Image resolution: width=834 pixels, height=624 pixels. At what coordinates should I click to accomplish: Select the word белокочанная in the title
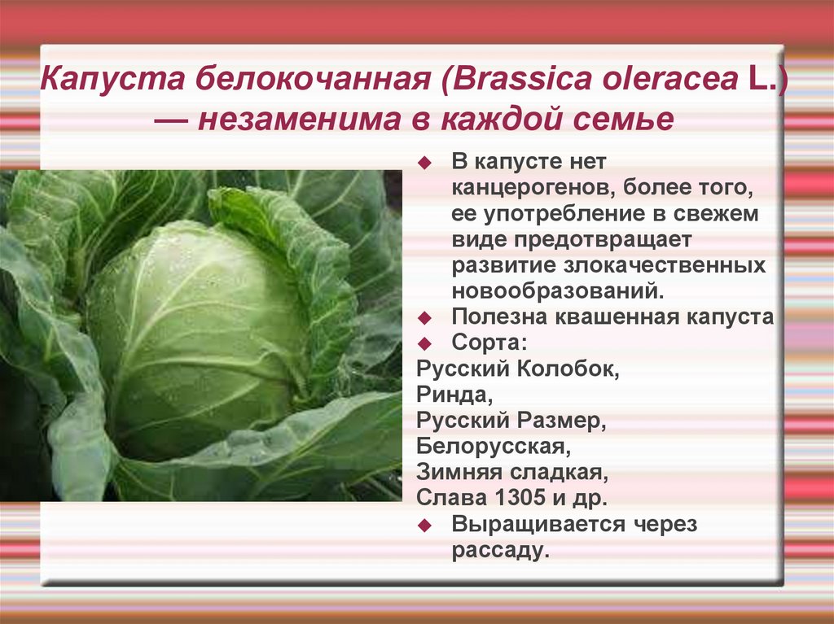(x=313, y=79)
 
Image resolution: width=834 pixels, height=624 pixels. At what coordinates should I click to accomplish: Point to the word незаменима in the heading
(x=300, y=119)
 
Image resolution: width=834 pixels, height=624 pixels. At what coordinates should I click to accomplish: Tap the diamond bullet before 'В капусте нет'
(x=424, y=163)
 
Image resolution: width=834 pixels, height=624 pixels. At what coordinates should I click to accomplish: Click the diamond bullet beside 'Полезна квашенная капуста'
(x=424, y=318)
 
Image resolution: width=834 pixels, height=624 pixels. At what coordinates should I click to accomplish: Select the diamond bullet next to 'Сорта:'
(x=424, y=344)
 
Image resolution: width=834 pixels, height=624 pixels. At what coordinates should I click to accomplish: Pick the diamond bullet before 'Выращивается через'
(x=424, y=526)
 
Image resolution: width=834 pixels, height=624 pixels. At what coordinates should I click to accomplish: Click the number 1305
(x=520, y=498)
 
